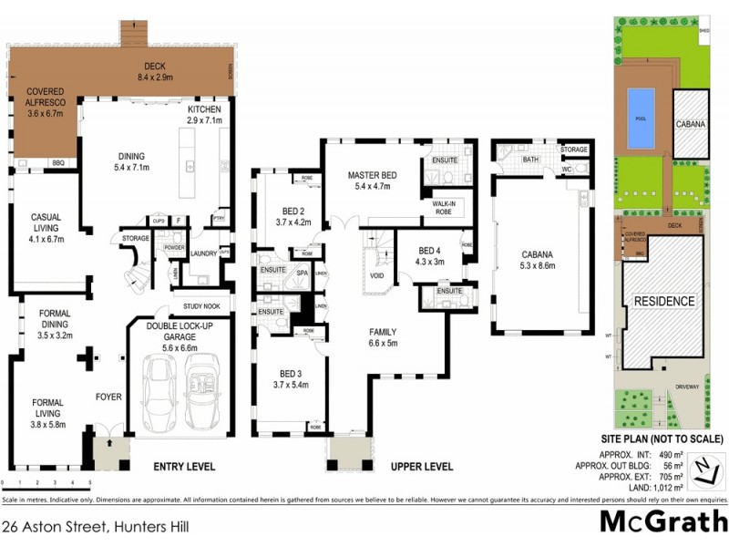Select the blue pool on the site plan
click(x=641, y=119)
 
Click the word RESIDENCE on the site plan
click(x=664, y=301)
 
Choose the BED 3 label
click(x=292, y=378)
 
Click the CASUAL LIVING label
click(x=45, y=222)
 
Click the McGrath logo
click(x=662, y=521)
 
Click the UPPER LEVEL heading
click(x=421, y=467)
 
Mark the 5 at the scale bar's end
click(x=89, y=482)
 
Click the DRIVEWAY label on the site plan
click(x=688, y=386)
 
